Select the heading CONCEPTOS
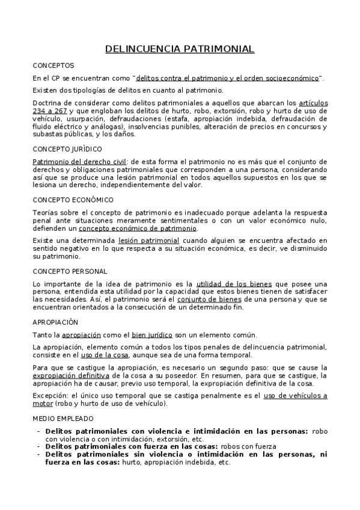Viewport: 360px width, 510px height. pyautogui.click(x=53, y=65)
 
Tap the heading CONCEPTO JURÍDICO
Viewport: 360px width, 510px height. pyautogui.click(x=67, y=149)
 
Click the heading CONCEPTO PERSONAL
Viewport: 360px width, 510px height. pyautogui.click(x=70, y=271)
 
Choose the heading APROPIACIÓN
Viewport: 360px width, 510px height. pyautogui.click(x=55, y=322)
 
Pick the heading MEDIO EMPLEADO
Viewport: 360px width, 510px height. pyautogui.click(x=63, y=417)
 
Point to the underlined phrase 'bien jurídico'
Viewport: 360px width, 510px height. pyautogui.click(x=152, y=335)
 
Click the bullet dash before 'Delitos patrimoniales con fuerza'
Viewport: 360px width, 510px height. pyautogui.click(x=39, y=446)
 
